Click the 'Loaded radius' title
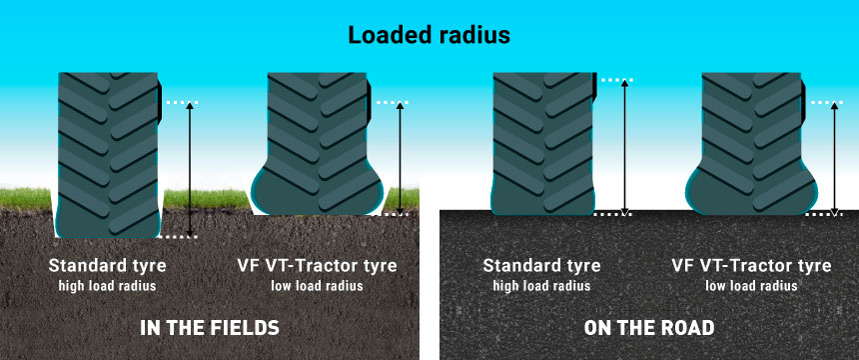coord(429,35)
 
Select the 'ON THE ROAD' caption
coord(650,327)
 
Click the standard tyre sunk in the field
coord(109,150)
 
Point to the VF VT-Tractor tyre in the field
coord(318,145)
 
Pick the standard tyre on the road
coord(543,140)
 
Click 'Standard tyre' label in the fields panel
coord(107,266)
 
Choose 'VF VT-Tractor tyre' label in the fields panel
coord(317,266)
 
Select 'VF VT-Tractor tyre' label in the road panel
coord(751,266)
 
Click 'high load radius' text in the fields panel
coord(107,286)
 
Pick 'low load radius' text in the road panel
coord(751,286)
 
